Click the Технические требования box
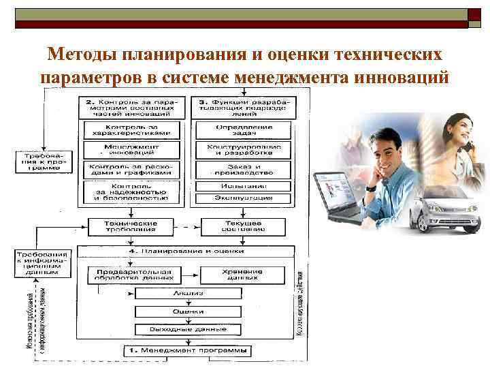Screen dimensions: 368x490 (x=130, y=226)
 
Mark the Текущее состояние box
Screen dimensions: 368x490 (x=243, y=226)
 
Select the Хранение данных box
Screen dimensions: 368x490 (x=243, y=275)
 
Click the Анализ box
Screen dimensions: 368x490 (x=188, y=293)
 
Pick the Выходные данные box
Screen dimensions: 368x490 (x=188, y=329)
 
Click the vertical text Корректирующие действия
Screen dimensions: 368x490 (x=300, y=303)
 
